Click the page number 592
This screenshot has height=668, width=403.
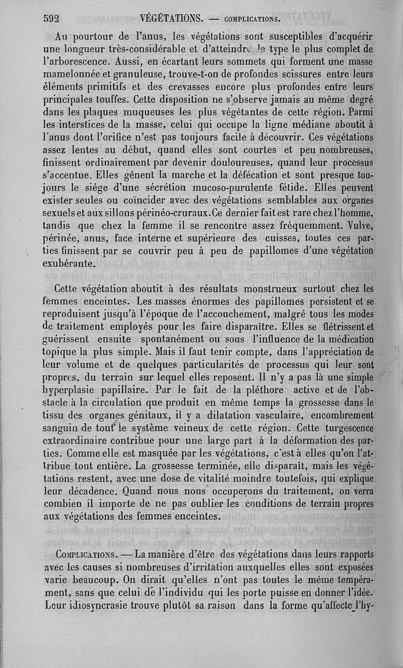point(52,19)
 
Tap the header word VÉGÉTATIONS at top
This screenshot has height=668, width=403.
point(172,19)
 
